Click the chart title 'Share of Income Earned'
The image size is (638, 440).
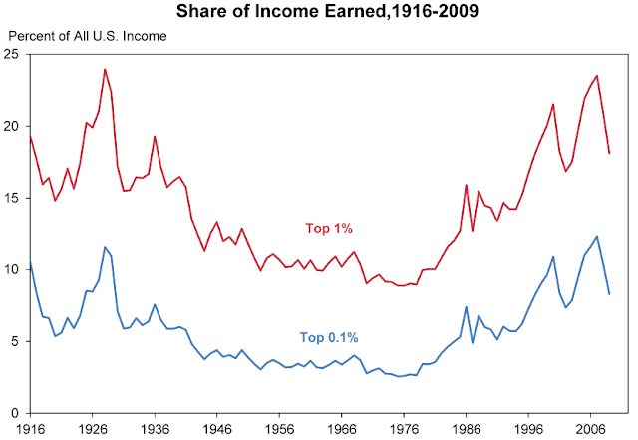319,14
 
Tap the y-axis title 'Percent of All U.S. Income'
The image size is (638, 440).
87,35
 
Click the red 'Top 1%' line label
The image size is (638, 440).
330,228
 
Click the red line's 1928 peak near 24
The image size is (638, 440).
105,70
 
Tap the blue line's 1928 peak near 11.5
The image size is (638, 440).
105,247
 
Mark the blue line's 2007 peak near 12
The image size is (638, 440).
597,236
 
